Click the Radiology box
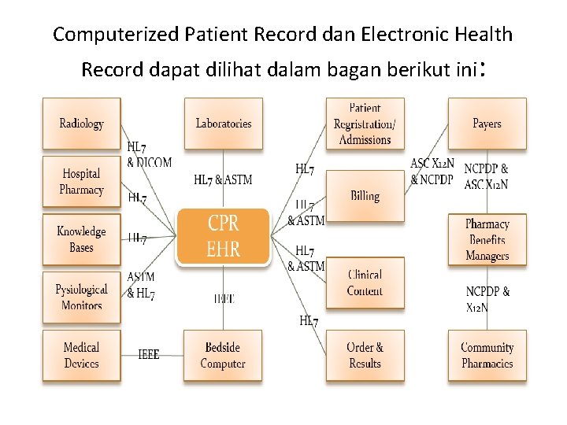(x=81, y=124)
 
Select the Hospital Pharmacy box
(x=81, y=182)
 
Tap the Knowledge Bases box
(x=81, y=239)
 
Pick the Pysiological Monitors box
(x=81, y=297)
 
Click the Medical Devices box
(x=81, y=356)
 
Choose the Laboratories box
(x=224, y=124)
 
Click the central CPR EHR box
(x=223, y=236)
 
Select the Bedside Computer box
(x=223, y=356)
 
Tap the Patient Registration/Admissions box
(x=365, y=124)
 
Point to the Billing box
(x=365, y=196)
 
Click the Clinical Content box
(x=365, y=283)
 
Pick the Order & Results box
(x=365, y=356)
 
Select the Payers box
(x=487, y=124)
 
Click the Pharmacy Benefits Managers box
(x=487, y=240)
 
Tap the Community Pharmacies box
(x=487, y=356)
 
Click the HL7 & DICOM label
(x=148, y=155)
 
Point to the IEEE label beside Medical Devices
(x=148, y=355)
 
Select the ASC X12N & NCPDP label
(x=432, y=172)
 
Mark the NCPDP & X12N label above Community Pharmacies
(x=487, y=299)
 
